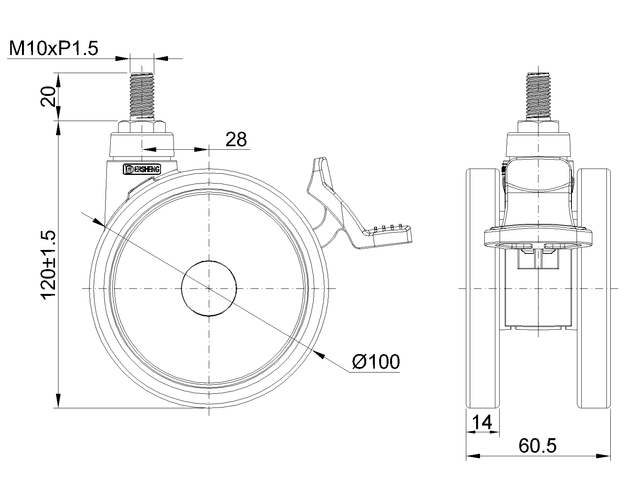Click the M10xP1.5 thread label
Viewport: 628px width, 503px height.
[54, 48]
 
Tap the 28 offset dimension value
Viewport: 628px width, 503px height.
[236, 140]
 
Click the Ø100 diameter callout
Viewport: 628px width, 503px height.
[376, 362]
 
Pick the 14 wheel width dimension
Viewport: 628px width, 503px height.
[482, 422]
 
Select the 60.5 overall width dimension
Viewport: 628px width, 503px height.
[538, 445]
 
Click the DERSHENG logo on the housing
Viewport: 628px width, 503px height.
[142, 169]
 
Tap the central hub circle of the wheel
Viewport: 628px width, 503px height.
[209, 288]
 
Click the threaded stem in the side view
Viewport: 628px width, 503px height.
[142, 96]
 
